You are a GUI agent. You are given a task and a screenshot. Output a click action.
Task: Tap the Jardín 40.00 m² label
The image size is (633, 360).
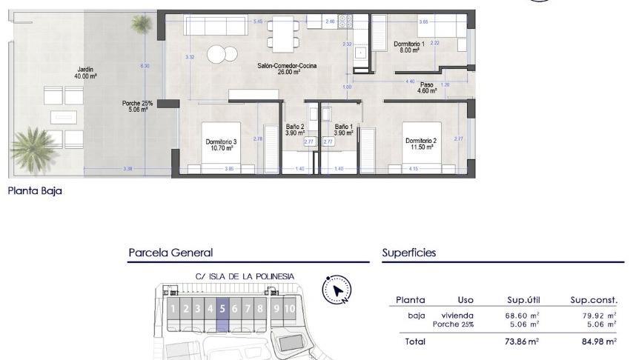click(x=85, y=73)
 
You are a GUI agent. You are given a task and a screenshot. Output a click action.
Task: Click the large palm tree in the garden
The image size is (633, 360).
click(x=33, y=147)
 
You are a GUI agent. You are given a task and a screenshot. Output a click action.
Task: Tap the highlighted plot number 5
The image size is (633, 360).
click(x=222, y=309)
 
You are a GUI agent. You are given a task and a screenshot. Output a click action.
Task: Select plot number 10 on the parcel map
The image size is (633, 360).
click(x=289, y=309)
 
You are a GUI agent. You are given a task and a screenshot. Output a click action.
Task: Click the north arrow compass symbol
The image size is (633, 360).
click(x=337, y=290)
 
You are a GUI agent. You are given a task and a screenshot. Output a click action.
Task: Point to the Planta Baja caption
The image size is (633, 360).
click(x=35, y=191)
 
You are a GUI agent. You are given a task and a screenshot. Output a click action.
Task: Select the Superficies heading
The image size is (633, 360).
click(x=409, y=253)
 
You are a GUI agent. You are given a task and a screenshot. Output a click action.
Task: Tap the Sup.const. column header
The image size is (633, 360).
click(x=594, y=300)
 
